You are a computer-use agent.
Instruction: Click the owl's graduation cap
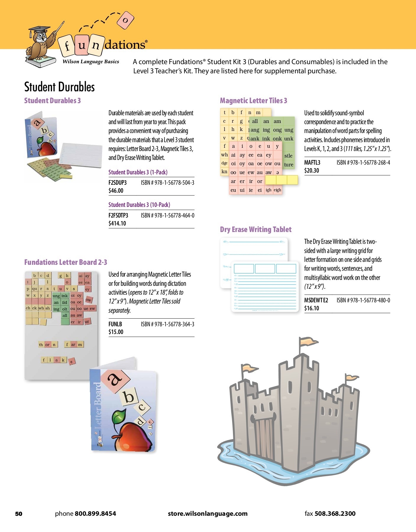(x=39, y=30)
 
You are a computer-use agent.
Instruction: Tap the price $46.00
(x=116, y=191)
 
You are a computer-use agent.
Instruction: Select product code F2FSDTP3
(x=118, y=215)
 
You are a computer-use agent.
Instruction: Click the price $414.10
(x=117, y=223)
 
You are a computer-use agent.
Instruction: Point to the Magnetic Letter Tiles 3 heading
(x=253, y=100)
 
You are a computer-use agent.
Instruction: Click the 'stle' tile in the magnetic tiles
(x=288, y=156)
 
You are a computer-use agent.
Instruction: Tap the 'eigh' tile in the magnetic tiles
(x=277, y=190)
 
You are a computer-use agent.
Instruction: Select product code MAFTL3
(x=312, y=163)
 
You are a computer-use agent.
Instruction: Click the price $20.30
(x=312, y=171)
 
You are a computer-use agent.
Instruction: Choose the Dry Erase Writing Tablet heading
(x=255, y=229)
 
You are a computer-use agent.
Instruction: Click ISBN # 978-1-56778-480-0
(x=363, y=300)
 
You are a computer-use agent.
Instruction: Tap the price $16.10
(x=312, y=308)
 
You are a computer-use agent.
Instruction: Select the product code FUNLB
(x=115, y=324)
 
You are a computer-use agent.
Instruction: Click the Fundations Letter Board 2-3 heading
(x=66, y=262)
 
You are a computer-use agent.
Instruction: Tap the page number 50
(x=19, y=514)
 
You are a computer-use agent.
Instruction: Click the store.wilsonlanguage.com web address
(x=208, y=514)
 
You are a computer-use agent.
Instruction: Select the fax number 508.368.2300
(x=335, y=514)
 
